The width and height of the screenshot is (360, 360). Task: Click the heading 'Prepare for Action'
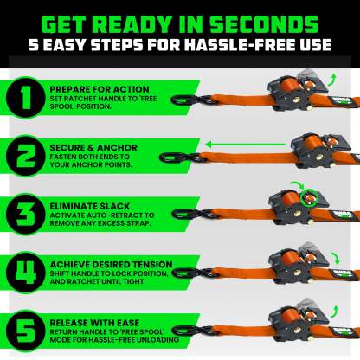tap(92, 88)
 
